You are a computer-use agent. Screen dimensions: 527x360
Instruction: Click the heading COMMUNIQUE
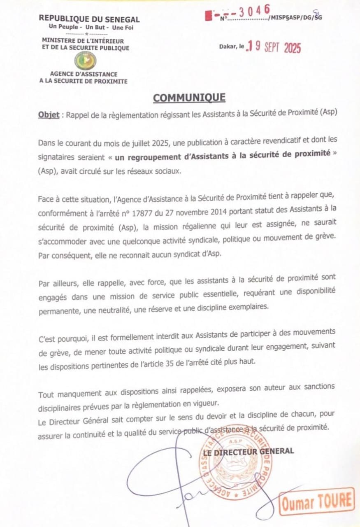click(189, 98)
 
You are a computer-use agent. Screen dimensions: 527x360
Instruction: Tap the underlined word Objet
click(49, 115)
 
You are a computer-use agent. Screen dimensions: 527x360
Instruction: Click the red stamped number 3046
click(255, 11)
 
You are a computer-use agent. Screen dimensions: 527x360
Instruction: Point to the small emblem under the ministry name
click(85, 61)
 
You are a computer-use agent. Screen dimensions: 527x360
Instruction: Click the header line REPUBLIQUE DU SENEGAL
click(89, 19)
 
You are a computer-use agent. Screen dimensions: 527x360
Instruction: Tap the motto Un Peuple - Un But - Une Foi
click(91, 27)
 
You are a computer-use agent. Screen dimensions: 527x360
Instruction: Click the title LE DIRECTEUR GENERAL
click(249, 451)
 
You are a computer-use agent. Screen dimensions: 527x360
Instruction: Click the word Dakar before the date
click(228, 47)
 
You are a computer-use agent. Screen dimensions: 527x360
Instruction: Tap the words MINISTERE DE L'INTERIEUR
click(83, 41)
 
